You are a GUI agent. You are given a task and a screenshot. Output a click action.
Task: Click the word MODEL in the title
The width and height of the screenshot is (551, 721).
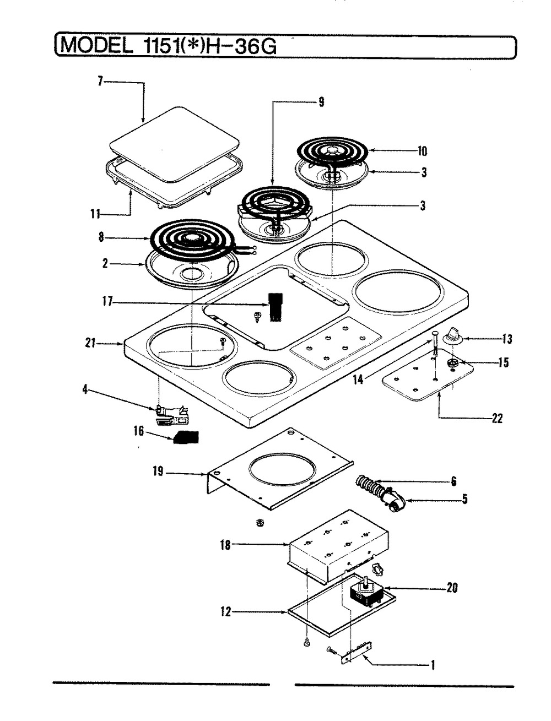pos(94,46)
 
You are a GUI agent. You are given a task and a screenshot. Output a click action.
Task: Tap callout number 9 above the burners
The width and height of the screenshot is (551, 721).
pos(321,101)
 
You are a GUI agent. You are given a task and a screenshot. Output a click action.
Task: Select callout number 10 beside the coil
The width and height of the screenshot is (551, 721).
pos(423,151)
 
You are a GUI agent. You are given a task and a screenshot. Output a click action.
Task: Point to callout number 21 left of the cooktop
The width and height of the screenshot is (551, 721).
pos(90,344)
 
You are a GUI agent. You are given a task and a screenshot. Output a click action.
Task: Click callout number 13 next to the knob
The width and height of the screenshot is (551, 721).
pos(507,339)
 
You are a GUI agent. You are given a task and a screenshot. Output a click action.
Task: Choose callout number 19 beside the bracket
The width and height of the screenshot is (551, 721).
pos(159,472)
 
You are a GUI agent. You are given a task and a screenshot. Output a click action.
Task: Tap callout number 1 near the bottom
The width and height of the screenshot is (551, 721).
pos(433,665)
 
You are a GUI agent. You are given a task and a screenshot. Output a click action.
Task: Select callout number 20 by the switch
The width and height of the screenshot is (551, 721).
pos(452,588)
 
